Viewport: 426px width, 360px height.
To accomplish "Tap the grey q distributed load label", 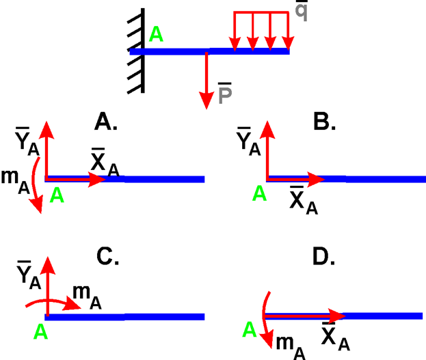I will pyautogui.click(x=301, y=11).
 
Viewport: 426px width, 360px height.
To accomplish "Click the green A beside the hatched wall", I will pyautogui.click(x=156, y=34).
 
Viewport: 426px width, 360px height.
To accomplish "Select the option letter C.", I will pyautogui.click(x=107, y=255).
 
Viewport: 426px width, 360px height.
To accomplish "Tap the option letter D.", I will pyautogui.click(x=322, y=255).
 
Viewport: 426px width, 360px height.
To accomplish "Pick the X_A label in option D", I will pyautogui.click(x=334, y=337).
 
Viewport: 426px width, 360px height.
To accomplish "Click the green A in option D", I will pyautogui.click(x=250, y=329).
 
